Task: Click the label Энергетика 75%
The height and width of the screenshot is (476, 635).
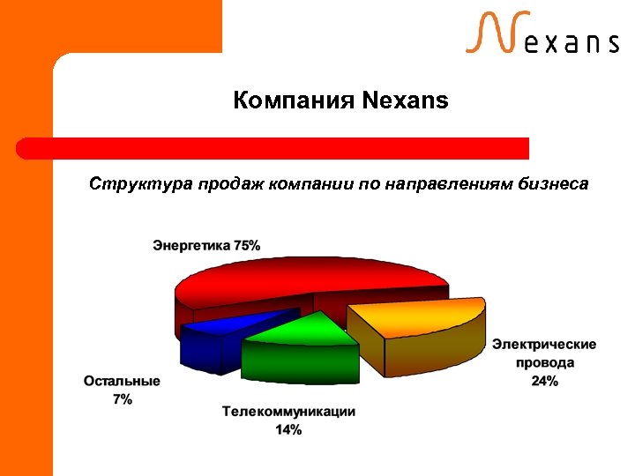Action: pos(206,245)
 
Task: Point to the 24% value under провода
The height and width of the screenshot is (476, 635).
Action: pos(544,381)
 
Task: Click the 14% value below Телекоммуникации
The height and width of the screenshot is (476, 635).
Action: pos(288,430)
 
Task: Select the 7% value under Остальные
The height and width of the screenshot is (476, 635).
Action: pos(122,399)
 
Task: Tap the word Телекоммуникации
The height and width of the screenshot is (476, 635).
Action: pos(288,412)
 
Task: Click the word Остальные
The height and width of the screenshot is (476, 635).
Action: pos(122,382)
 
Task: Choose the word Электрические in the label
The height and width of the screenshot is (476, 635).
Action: pos(544,344)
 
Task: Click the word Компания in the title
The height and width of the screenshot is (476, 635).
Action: pos(294,101)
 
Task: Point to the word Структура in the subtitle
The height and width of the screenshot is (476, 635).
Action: pos(140,185)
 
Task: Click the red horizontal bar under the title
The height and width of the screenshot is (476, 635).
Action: pos(273,148)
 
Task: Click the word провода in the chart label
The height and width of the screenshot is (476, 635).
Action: pos(544,362)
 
